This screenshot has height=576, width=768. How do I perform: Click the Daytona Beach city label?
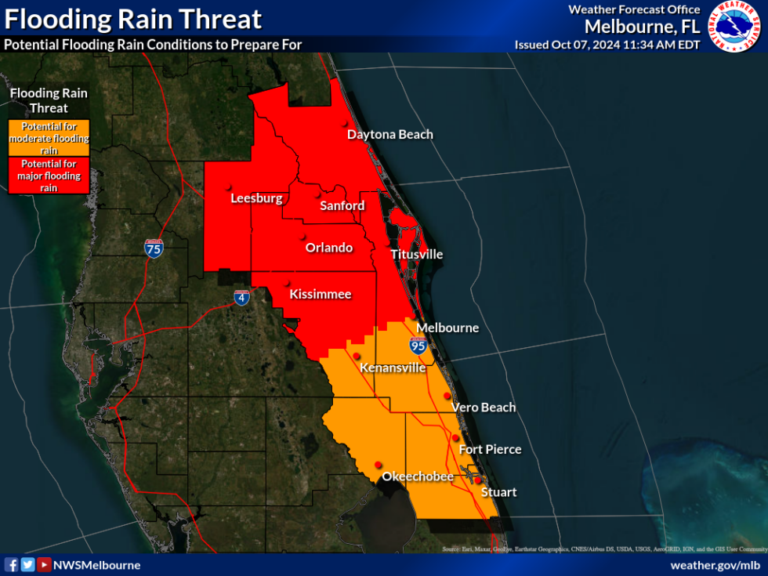pyautogui.click(x=389, y=134)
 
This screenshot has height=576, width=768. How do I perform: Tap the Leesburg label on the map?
pyautogui.click(x=256, y=198)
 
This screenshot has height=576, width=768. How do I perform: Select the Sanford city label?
pyautogui.click(x=342, y=205)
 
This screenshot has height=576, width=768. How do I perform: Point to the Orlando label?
pyautogui.click(x=329, y=248)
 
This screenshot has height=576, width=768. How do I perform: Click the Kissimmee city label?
pyautogui.click(x=321, y=295)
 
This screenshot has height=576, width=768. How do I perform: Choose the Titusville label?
pyautogui.click(x=417, y=254)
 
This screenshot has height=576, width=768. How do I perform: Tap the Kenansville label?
pyautogui.click(x=393, y=368)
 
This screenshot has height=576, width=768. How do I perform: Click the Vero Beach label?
pyautogui.click(x=484, y=407)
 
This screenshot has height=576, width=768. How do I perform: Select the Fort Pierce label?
pyautogui.click(x=490, y=449)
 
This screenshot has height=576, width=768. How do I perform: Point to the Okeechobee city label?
pyautogui.click(x=417, y=476)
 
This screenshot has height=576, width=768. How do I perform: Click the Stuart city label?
pyautogui.click(x=498, y=492)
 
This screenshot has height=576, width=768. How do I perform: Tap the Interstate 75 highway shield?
pyautogui.click(x=154, y=249)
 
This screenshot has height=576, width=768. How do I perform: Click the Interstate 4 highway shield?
pyautogui.click(x=242, y=298)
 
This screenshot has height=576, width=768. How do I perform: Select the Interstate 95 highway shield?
pyautogui.click(x=418, y=345)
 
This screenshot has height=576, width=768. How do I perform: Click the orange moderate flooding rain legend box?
pyautogui.click(x=49, y=138)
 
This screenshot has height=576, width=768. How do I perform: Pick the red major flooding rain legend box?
pyautogui.click(x=49, y=176)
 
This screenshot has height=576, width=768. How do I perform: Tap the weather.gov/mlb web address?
pyautogui.click(x=715, y=565)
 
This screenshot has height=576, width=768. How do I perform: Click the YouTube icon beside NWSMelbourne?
pyautogui.click(x=45, y=565)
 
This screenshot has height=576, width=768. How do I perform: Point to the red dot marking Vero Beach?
pyautogui.click(x=447, y=396)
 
